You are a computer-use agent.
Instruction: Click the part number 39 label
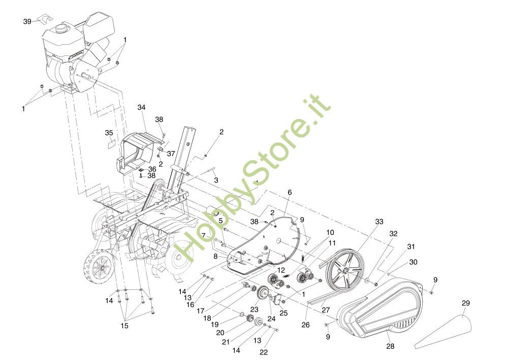click(27, 21)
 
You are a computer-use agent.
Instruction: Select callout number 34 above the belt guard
click(141, 107)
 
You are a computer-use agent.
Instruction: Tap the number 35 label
click(109, 133)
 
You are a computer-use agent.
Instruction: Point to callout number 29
click(466, 304)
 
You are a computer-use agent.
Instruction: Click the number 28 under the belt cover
click(390, 346)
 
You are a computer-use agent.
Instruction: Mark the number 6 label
click(290, 192)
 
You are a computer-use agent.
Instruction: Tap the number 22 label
click(264, 352)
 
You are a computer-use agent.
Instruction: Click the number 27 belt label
click(326, 310)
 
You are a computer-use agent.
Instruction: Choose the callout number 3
click(216, 180)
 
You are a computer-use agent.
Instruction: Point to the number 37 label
click(171, 154)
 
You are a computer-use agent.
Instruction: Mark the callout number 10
click(330, 232)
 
